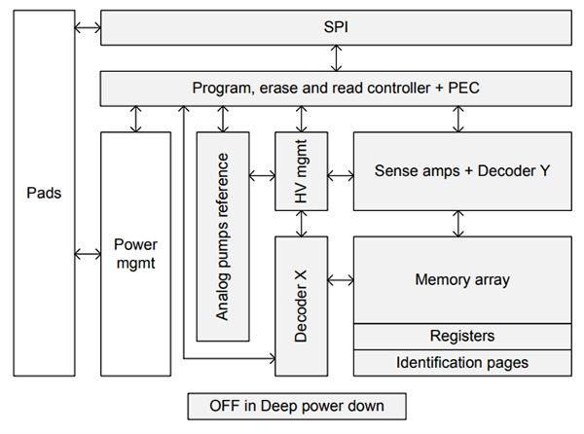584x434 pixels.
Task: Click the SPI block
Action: coord(336,27)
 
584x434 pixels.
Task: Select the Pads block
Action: coord(44,193)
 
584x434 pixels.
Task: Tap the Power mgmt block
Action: coord(135,253)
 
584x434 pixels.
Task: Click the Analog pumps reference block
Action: coord(223,236)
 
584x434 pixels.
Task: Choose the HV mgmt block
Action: coord(300,175)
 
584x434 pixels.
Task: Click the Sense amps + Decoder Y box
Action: coord(462,171)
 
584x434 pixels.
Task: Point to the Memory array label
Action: coord(462,280)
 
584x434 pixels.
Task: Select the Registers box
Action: coord(462,336)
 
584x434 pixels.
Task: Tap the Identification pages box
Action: coord(462,363)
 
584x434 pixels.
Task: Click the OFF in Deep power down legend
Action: coord(296,405)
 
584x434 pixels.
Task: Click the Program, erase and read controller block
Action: coord(336,89)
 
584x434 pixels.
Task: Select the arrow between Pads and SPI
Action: coord(88,28)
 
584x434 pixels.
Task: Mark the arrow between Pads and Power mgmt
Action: coord(88,254)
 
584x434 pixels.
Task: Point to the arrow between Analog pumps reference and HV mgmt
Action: coord(262,175)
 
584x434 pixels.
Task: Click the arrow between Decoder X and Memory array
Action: coord(339,280)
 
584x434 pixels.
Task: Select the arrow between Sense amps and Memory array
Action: coord(458,223)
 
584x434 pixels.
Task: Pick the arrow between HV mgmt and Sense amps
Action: coord(339,175)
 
